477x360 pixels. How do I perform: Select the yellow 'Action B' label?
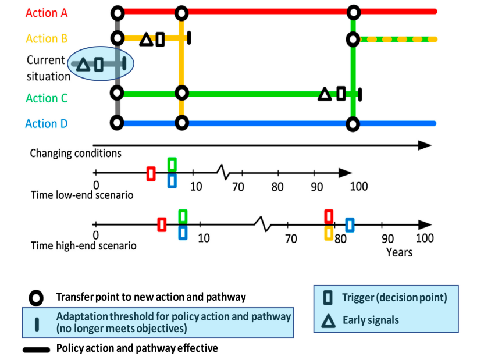[x=47, y=39]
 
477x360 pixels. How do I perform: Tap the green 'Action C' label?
[x=47, y=98]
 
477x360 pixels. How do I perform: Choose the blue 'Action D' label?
[x=47, y=124]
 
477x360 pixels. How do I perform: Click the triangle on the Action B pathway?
[x=147, y=40]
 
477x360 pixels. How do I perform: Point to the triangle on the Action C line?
[x=325, y=94]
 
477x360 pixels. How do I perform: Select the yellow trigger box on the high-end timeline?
[x=329, y=233]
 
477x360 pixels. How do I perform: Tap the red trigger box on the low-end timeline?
[x=151, y=173]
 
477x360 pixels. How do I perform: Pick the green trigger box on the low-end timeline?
[x=172, y=164]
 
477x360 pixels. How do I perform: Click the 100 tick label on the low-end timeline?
[x=359, y=186]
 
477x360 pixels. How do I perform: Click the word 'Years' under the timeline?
[x=400, y=252]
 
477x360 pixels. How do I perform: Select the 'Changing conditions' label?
[x=76, y=154]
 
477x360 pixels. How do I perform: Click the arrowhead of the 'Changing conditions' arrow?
[x=427, y=145]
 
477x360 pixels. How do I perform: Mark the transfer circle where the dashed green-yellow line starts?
[x=353, y=40]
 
